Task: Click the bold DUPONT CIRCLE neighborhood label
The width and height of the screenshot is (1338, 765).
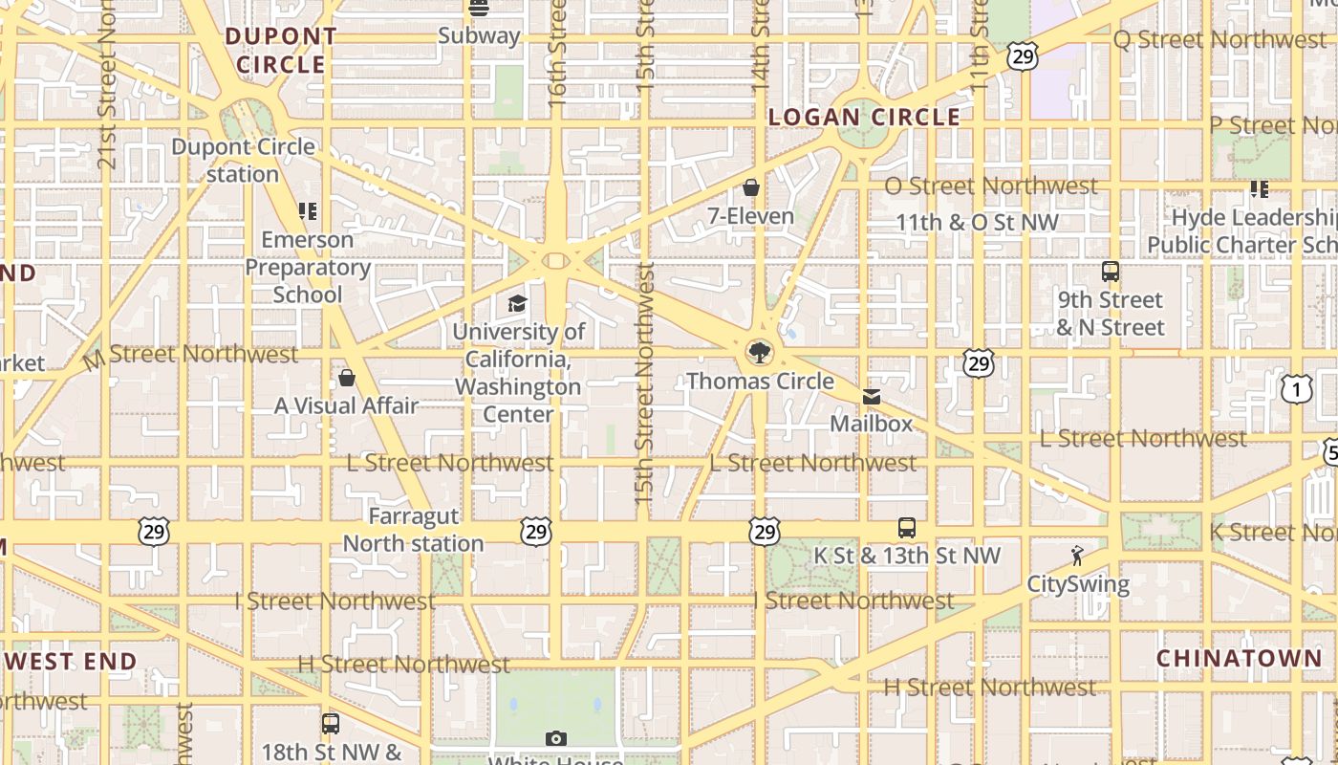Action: coord(281,51)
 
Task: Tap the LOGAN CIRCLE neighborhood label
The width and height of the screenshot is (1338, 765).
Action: coord(864,117)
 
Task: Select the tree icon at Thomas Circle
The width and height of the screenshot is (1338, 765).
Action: coord(760,353)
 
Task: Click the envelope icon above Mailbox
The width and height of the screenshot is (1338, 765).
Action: coord(871,396)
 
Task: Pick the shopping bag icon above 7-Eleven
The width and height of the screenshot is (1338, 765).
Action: coord(751,187)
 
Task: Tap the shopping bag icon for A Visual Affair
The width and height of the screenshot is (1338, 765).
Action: coord(347,378)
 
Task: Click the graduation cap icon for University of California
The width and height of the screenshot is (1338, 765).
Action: coord(517,303)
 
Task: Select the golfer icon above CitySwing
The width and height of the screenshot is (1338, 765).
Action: coord(1077,555)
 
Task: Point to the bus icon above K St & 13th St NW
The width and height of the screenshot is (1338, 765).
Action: coord(906,527)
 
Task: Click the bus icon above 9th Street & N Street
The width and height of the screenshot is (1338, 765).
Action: coord(1110,272)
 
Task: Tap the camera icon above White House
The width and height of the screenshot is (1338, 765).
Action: coord(555,738)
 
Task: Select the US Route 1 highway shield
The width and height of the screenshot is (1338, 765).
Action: coord(1296,388)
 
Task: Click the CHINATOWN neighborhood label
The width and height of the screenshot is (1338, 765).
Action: coord(1239,658)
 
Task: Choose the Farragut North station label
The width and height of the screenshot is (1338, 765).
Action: coord(413,530)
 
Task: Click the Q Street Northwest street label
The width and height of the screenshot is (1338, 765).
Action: coord(1219,39)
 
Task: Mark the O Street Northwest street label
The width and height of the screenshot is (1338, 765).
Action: coord(990,186)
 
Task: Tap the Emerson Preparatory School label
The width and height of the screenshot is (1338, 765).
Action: coord(307,267)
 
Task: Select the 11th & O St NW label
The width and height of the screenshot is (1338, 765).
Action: coord(977,222)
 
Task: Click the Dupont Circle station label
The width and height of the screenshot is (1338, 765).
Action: coord(243,161)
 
